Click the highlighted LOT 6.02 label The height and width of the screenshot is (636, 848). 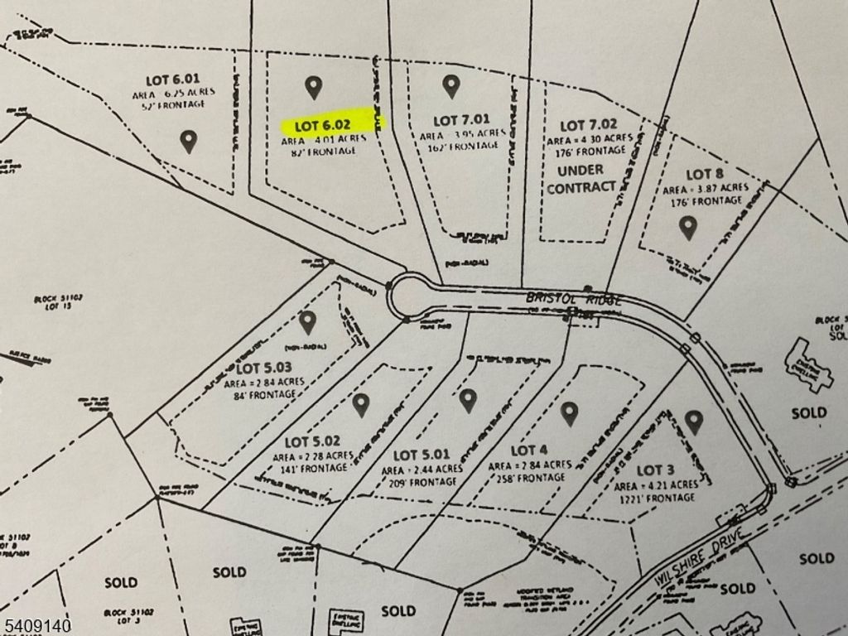point(332,125)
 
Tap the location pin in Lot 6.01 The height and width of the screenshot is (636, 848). point(189,141)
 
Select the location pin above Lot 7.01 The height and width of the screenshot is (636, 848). point(450,85)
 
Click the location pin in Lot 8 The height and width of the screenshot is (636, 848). point(687,226)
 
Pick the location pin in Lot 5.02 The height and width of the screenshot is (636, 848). point(359,404)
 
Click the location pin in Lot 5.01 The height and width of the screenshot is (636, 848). point(468,400)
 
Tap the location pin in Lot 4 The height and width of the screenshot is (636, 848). point(569,412)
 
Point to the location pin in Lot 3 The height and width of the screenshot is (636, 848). point(694,422)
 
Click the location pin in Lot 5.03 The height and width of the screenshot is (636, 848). point(307,321)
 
